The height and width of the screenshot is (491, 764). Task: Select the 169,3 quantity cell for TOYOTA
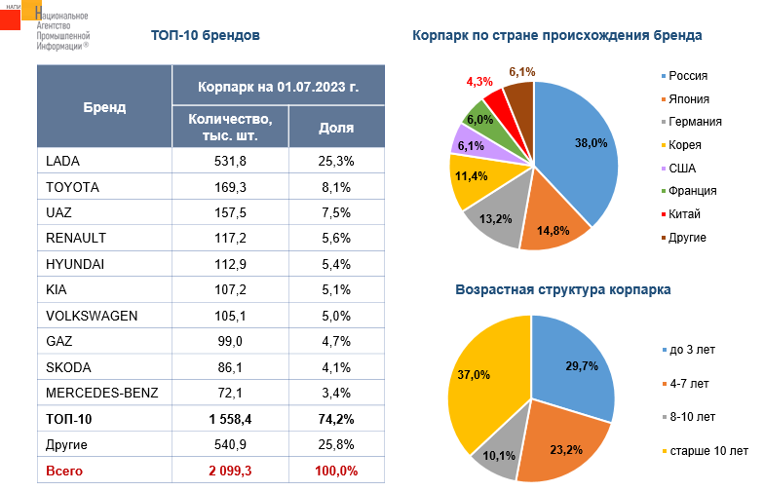tap(229, 187)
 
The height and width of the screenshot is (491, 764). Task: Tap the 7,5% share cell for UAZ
tap(336, 212)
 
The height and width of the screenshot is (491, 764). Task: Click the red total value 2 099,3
tap(229, 472)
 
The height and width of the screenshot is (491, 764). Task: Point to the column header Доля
tap(336, 128)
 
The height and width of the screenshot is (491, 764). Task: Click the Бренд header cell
tap(104, 107)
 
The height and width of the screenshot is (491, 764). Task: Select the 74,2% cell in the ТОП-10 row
tap(336, 420)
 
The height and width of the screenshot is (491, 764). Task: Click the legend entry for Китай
tap(685, 213)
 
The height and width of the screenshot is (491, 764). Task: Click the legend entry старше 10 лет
tap(706, 451)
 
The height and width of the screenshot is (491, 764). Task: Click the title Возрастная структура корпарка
tap(562, 289)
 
